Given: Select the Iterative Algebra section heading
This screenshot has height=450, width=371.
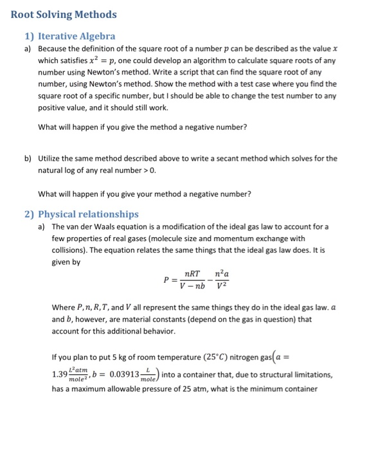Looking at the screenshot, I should tap(77, 36).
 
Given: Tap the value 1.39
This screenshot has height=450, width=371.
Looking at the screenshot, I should tap(59, 374).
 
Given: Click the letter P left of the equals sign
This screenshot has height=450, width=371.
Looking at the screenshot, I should tap(166, 281).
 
